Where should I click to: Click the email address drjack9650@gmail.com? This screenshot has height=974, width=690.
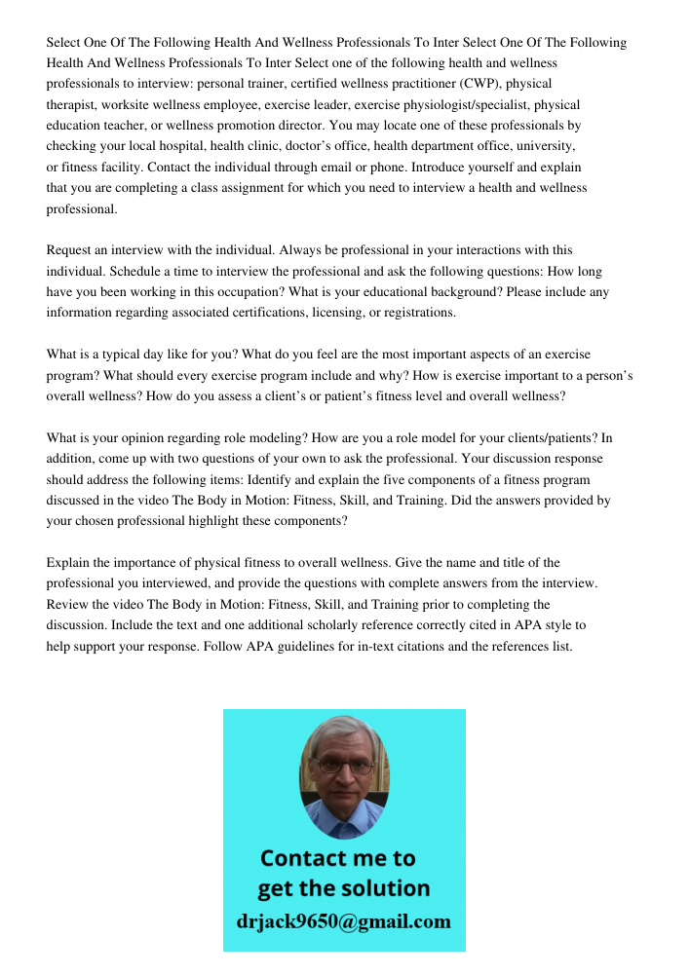click(344, 921)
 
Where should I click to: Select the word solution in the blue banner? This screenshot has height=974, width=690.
click(383, 888)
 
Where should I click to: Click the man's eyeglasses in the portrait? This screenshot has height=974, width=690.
click(344, 766)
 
